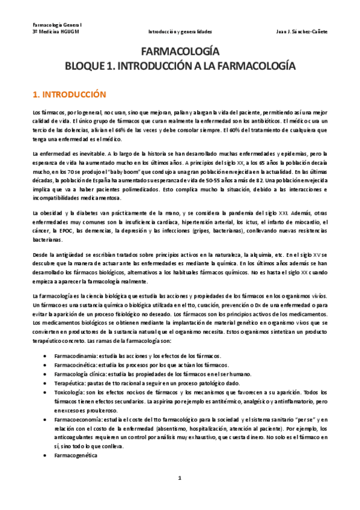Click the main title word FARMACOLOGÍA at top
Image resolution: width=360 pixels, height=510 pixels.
pos(180,52)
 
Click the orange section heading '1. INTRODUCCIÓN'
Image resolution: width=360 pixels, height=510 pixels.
pos(69,94)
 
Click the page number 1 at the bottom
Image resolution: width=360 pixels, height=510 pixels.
pos(179,478)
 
